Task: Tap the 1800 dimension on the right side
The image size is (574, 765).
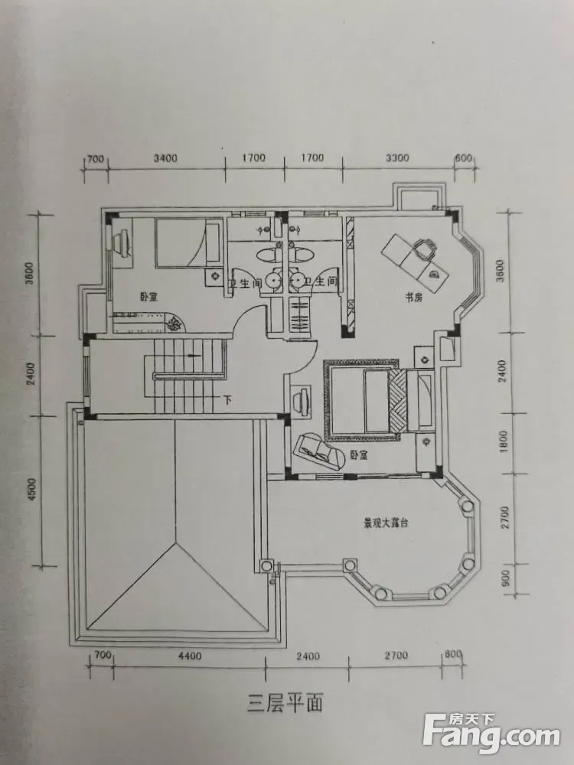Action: point(504,441)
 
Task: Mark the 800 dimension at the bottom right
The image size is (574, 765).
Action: point(453,656)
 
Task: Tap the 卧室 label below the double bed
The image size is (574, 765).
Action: point(359,455)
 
